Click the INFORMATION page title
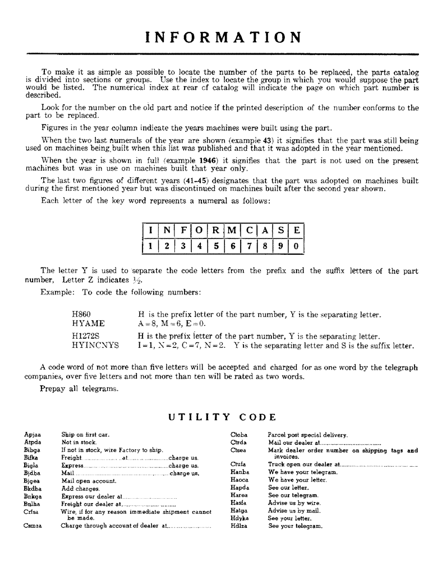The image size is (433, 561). tap(223, 38)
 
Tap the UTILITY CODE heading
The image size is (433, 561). tap(223, 417)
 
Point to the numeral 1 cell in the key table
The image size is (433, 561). tap(150, 246)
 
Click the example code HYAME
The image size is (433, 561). tap(88, 324)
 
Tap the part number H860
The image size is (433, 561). tap(81, 315)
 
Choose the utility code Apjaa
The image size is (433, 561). tap(33, 435)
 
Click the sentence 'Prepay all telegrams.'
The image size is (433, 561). tap(79, 389)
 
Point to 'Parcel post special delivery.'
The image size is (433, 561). tap(308, 435)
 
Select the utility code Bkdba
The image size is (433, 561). tap(33, 489)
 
